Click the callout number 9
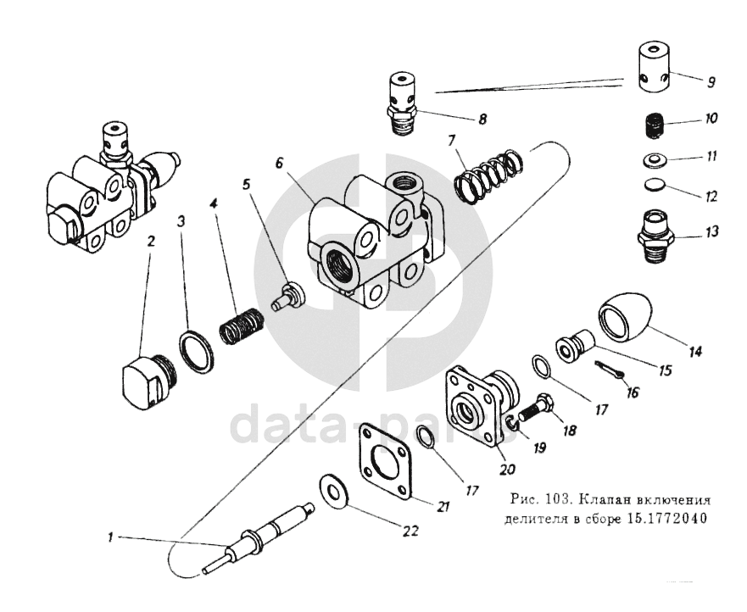coord(711,83)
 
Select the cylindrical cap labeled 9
coord(654,70)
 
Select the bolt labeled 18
coord(534,409)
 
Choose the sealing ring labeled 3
coord(196,348)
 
